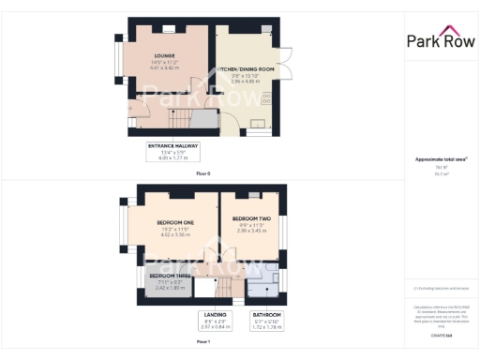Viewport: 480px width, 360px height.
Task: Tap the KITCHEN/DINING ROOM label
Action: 247,70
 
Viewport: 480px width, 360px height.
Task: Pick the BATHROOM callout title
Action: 266,314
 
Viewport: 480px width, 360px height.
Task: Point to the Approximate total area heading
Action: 440,159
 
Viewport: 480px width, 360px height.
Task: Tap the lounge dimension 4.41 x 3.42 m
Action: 166,68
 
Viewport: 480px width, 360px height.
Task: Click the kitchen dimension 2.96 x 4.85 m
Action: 246,82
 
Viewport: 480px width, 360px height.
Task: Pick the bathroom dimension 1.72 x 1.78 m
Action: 266,327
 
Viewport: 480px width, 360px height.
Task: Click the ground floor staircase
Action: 184,118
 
